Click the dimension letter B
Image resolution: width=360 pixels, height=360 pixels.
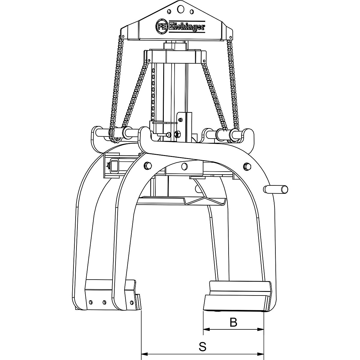[233, 322]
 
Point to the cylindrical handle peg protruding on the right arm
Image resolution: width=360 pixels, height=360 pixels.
[276, 189]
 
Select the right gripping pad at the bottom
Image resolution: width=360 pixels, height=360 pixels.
[237, 295]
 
